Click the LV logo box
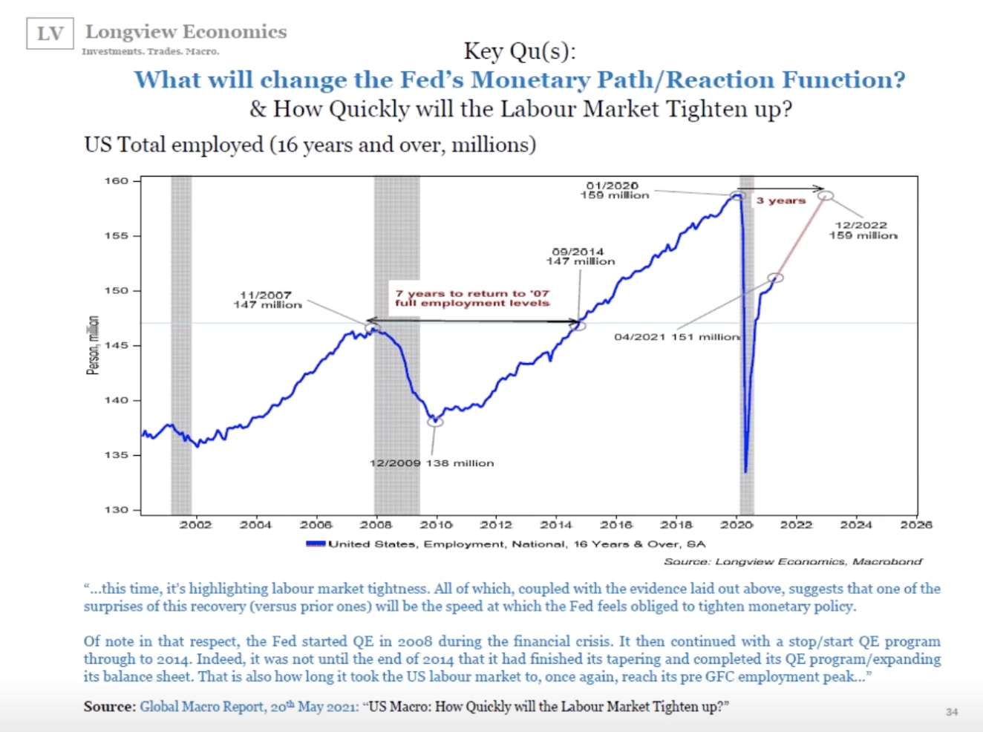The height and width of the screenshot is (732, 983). (x=50, y=34)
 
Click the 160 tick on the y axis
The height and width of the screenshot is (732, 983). (x=116, y=181)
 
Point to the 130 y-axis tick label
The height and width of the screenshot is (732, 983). (x=116, y=510)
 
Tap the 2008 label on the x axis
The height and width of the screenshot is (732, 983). (x=376, y=525)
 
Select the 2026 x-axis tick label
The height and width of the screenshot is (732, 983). (x=915, y=525)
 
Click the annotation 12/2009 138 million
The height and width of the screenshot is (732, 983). (x=431, y=463)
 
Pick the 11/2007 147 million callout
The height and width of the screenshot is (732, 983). (x=267, y=300)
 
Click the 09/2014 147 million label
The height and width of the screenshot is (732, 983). (x=580, y=257)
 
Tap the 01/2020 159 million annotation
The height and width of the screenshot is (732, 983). (x=614, y=190)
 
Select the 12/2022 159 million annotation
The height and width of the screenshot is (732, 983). (x=863, y=230)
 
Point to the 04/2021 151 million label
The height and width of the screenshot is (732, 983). (x=676, y=337)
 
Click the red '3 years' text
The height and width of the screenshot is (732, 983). (x=780, y=200)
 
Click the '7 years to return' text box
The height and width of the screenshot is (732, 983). (x=472, y=298)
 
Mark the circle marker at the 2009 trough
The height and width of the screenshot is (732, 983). (x=435, y=422)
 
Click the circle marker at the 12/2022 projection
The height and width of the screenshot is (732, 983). (x=826, y=195)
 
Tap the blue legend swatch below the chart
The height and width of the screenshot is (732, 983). (x=316, y=544)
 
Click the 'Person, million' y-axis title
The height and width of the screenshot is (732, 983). (x=93, y=345)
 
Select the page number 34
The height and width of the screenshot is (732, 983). (x=952, y=712)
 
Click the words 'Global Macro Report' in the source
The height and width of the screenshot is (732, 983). (x=202, y=707)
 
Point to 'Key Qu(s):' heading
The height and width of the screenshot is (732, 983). (x=519, y=50)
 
